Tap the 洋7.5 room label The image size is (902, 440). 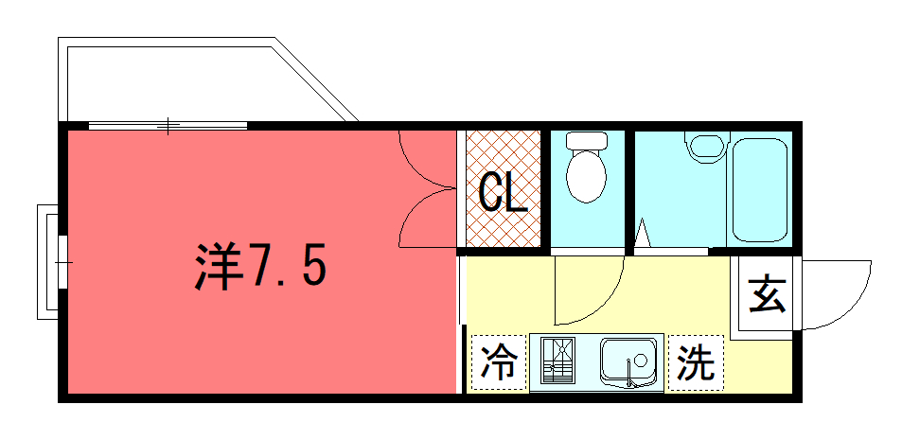(x=260, y=267)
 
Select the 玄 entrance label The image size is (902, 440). (x=767, y=294)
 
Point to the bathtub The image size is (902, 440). (x=759, y=189)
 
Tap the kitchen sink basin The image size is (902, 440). (x=628, y=362)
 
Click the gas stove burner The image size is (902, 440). (x=557, y=361)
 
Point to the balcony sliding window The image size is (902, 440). (x=168, y=126)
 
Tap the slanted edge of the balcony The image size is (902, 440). (x=316, y=79)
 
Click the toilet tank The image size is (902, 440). (x=586, y=140)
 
